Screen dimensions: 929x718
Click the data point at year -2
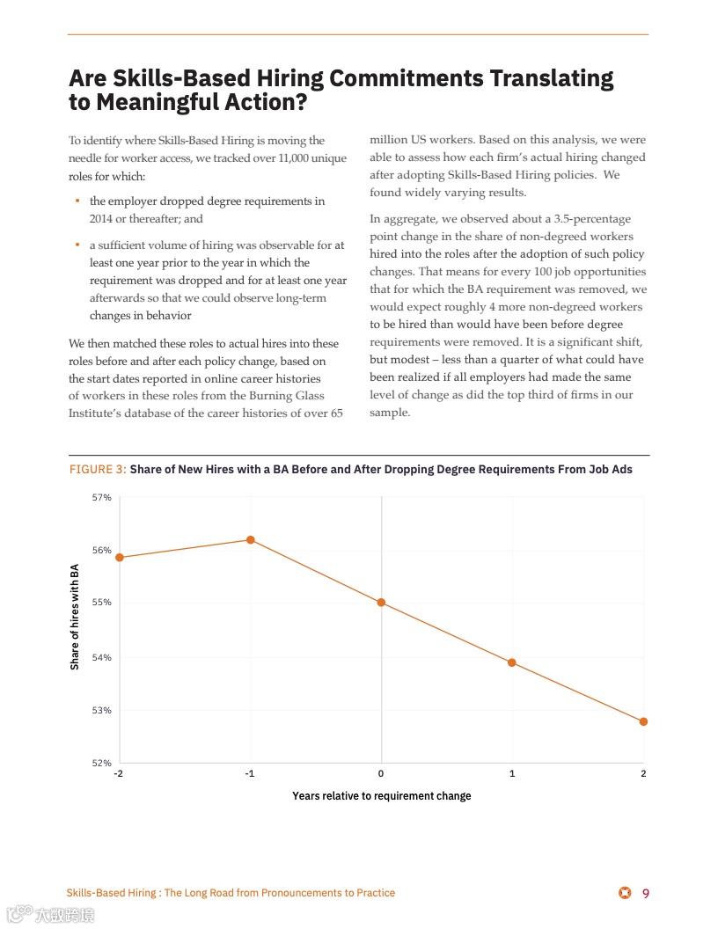coord(120,557)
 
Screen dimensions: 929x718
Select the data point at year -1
coord(251,539)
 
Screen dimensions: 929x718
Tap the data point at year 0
coord(381,603)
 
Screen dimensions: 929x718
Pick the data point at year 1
coord(512,662)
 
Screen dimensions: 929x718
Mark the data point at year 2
coord(643,721)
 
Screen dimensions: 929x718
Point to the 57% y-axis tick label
coord(102,497)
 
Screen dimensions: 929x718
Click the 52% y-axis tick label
coord(102,763)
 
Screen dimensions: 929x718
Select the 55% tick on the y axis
coord(102,603)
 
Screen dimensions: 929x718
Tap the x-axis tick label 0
coord(381,773)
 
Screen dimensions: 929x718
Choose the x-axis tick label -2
coord(119,773)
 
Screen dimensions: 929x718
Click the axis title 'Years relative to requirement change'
coord(381,796)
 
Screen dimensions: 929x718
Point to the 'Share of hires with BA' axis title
coord(75,617)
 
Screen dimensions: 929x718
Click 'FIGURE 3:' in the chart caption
coord(98,470)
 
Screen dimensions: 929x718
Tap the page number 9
coord(646,894)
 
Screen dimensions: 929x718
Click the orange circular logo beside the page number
coord(625,894)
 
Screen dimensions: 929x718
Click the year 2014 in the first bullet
coord(103,219)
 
